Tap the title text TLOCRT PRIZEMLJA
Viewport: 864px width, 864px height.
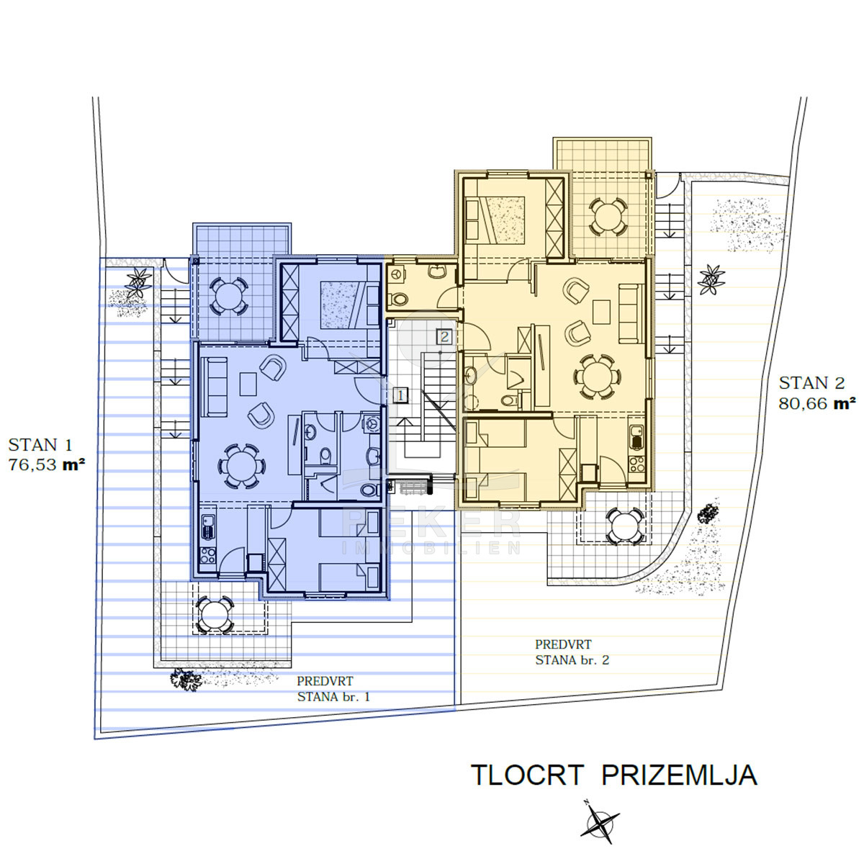pyautogui.click(x=614, y=775)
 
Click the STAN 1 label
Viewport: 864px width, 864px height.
pyautogui.click(x=40, y=445)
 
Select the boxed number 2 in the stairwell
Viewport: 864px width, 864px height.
pyautogui.click(x=444, y=336)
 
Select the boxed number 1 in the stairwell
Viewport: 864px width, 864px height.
pyautogui.click(x=401, y=395)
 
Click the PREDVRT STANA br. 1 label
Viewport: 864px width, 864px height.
pyautogui.click(x=333, y=689)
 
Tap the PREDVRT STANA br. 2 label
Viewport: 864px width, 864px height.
pyautogui.click(x=572, y=652)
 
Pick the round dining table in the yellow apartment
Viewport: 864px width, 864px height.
pyautogui.click(x=597, y=376)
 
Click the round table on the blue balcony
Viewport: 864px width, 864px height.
pyautogui.click(x=229, y=295)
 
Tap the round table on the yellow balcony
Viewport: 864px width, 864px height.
pyautogui.click(x=608, y=217)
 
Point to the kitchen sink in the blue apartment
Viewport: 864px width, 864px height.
pyautogui.click(x=207, y=526)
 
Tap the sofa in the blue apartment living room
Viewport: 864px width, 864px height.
pyautogui.click(x=214, y=387)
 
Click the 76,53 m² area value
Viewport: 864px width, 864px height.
pyautogui.click(x=47, y=465)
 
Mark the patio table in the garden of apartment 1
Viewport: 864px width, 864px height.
pyautogui.click(x=215, y=615)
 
